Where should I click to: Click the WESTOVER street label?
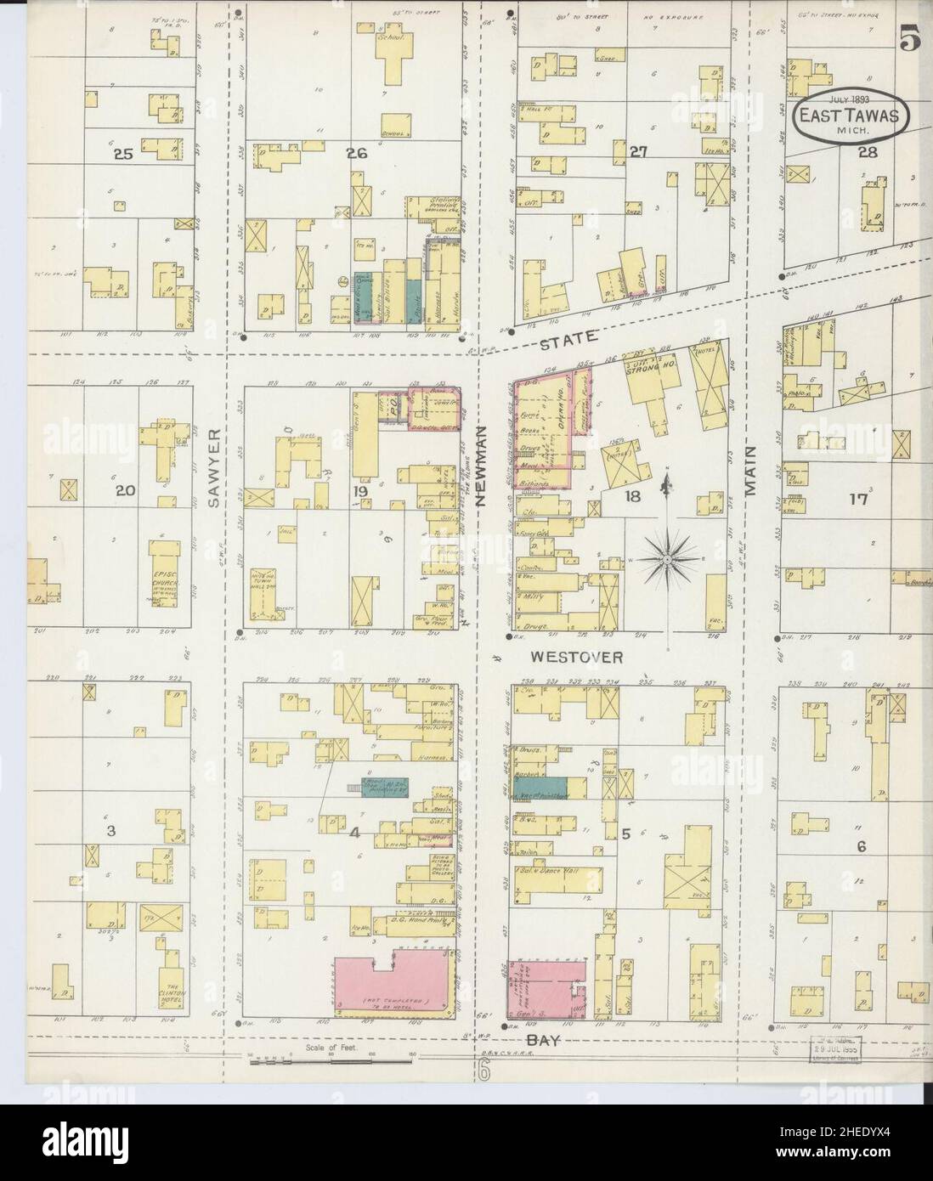point(578,657)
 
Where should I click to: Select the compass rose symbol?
point(668,557)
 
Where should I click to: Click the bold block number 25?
point(125,154)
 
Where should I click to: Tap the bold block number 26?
point(355,153)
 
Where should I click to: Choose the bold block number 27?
point(640,152)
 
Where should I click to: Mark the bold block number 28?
point(868,152)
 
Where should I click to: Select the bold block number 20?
point(125,490)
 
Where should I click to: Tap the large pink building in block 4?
point(393,986)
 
